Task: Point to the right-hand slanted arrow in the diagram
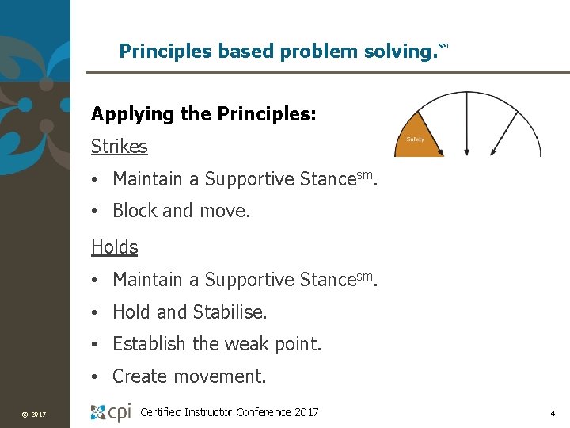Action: tap(504, 131)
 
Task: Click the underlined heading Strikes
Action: tap(120, 147)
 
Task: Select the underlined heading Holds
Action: tap(115, 247)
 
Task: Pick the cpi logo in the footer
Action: tap(111, 412)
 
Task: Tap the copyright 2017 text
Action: tap(34, 415)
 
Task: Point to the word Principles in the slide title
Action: tap(159, 52)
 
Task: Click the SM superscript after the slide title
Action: tap(443, 47)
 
